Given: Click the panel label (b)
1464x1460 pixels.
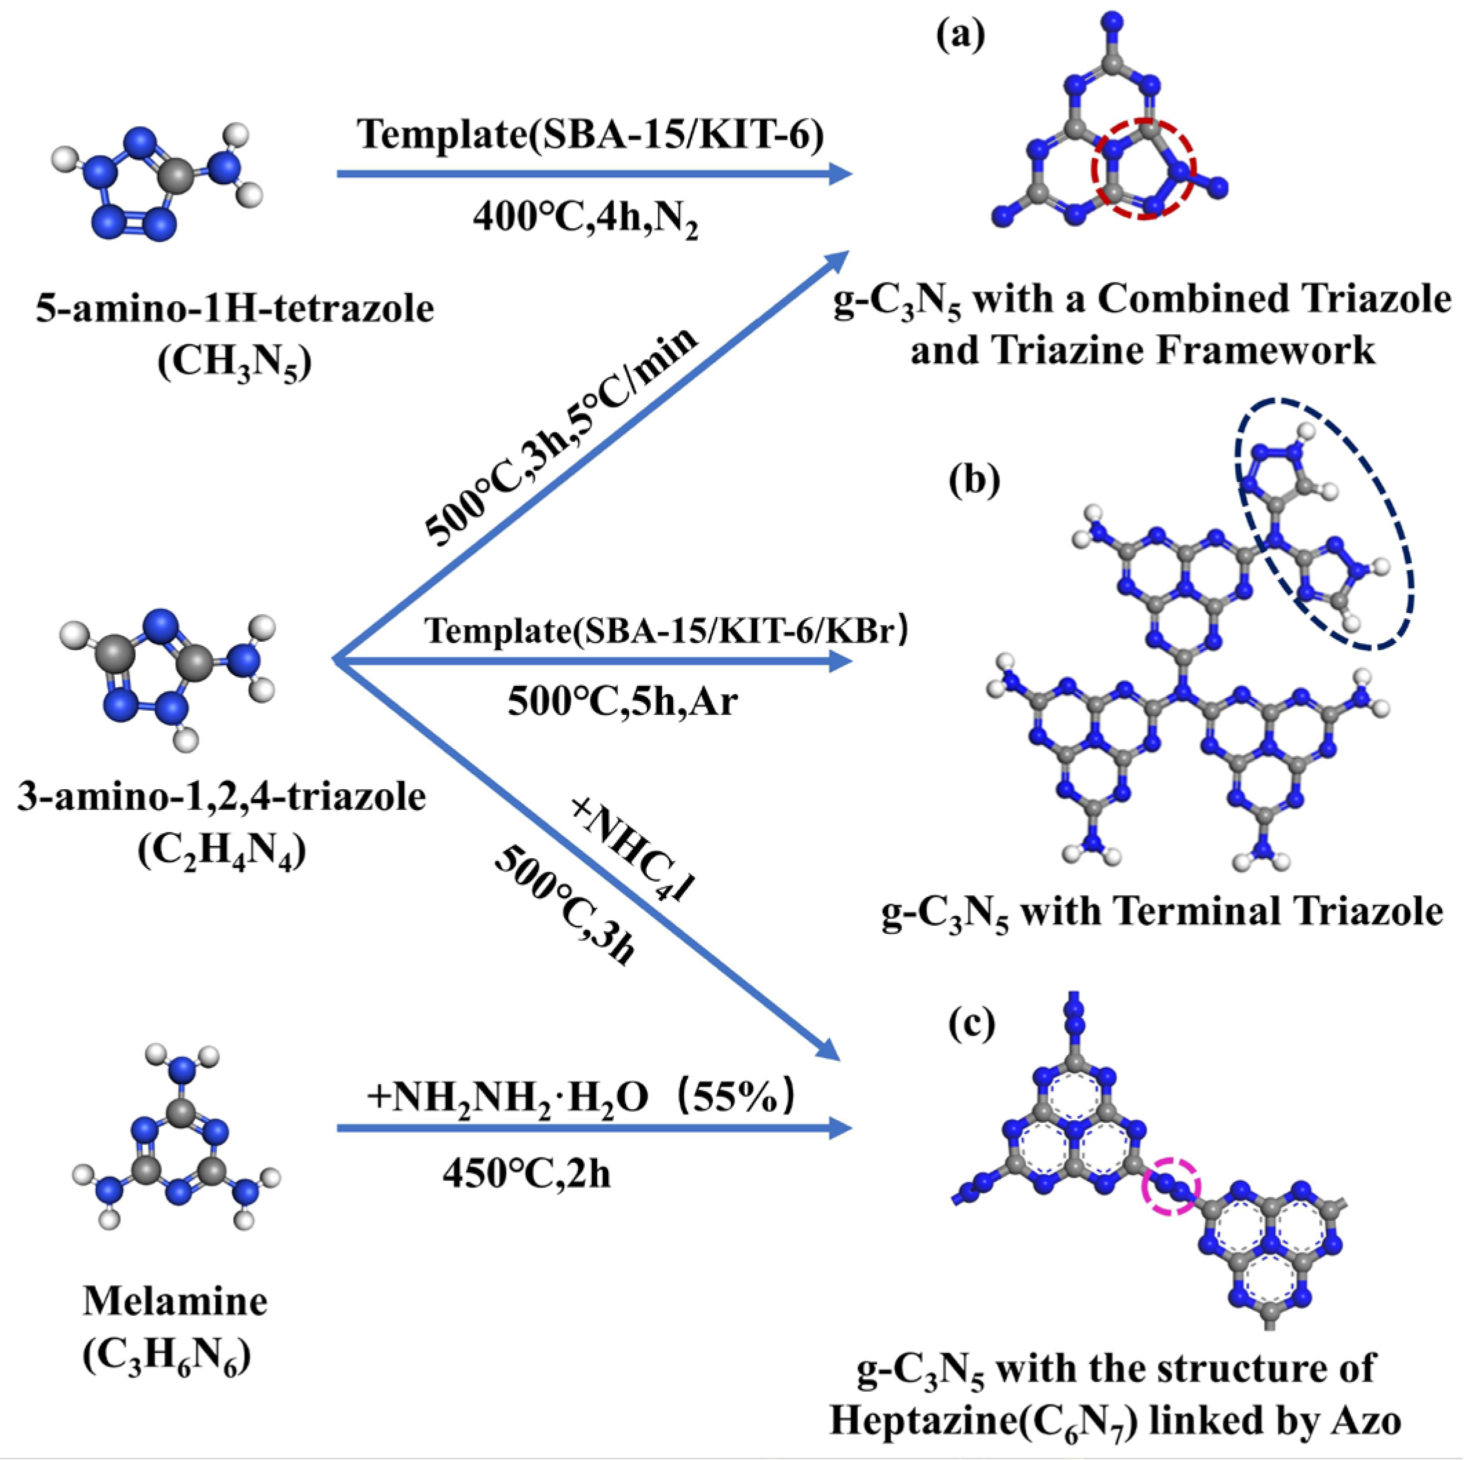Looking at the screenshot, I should coord(974,480).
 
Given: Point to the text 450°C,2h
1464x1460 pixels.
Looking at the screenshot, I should coord(527,1175).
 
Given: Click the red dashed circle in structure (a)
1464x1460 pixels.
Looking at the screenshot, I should coord(1143,168).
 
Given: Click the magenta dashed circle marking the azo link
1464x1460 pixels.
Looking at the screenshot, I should coord(1172,1186).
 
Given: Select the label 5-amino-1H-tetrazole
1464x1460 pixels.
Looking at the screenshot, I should coord(235,308).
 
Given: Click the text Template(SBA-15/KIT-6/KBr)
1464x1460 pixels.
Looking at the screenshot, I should coord(666,631).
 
